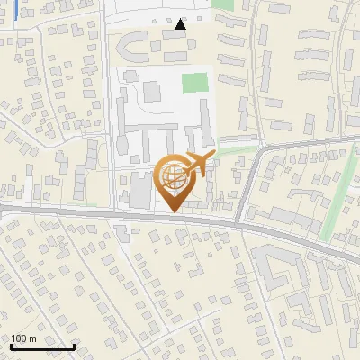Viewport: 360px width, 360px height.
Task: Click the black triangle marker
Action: pyautogui.click(x=181, y=24)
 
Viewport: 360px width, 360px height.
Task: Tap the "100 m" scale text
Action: pyautogui.click(x=23, y=338)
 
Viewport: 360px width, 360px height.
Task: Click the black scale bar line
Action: pyautogui.click(x=42, y=346)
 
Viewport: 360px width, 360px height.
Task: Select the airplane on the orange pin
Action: pyautogui.click(x=197, y=164)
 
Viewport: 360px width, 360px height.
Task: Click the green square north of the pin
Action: pyautogui.click(x=194, y=83)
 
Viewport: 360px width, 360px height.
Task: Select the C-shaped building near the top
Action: pyautogui.click(x=135, y=44)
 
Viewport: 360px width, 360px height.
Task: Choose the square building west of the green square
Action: pyautogui.click(x=150, y=92)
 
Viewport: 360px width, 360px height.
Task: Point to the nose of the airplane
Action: pyautogui.click(x=212, y=156)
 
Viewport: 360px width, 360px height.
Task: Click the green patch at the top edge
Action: pyautogui.click(x=223, y=4)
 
